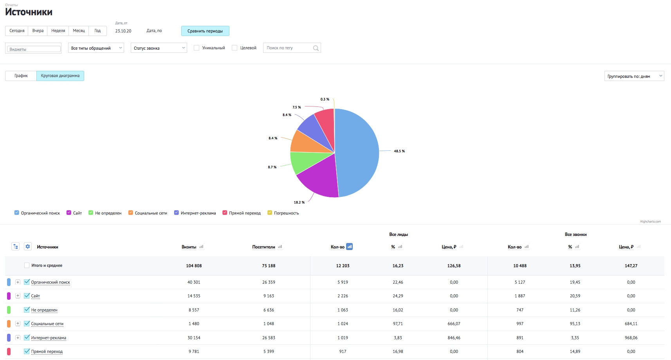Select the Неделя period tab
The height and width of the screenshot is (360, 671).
58,31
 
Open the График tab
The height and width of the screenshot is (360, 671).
21,76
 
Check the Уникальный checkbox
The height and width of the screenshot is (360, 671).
197,48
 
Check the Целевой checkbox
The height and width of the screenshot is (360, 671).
234,48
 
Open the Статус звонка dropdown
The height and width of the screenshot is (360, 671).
159,48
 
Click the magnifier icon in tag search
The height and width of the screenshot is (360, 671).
316,48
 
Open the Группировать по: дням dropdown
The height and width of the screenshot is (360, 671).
634,76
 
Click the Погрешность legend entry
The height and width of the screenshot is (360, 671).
283,213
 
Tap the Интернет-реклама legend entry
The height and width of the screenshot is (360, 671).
195,213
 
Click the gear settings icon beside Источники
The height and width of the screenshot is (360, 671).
27,247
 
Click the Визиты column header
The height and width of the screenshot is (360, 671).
189,247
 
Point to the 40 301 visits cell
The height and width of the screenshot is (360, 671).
194,282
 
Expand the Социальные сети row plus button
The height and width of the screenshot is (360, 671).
18,324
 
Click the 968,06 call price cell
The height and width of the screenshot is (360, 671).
631,338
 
